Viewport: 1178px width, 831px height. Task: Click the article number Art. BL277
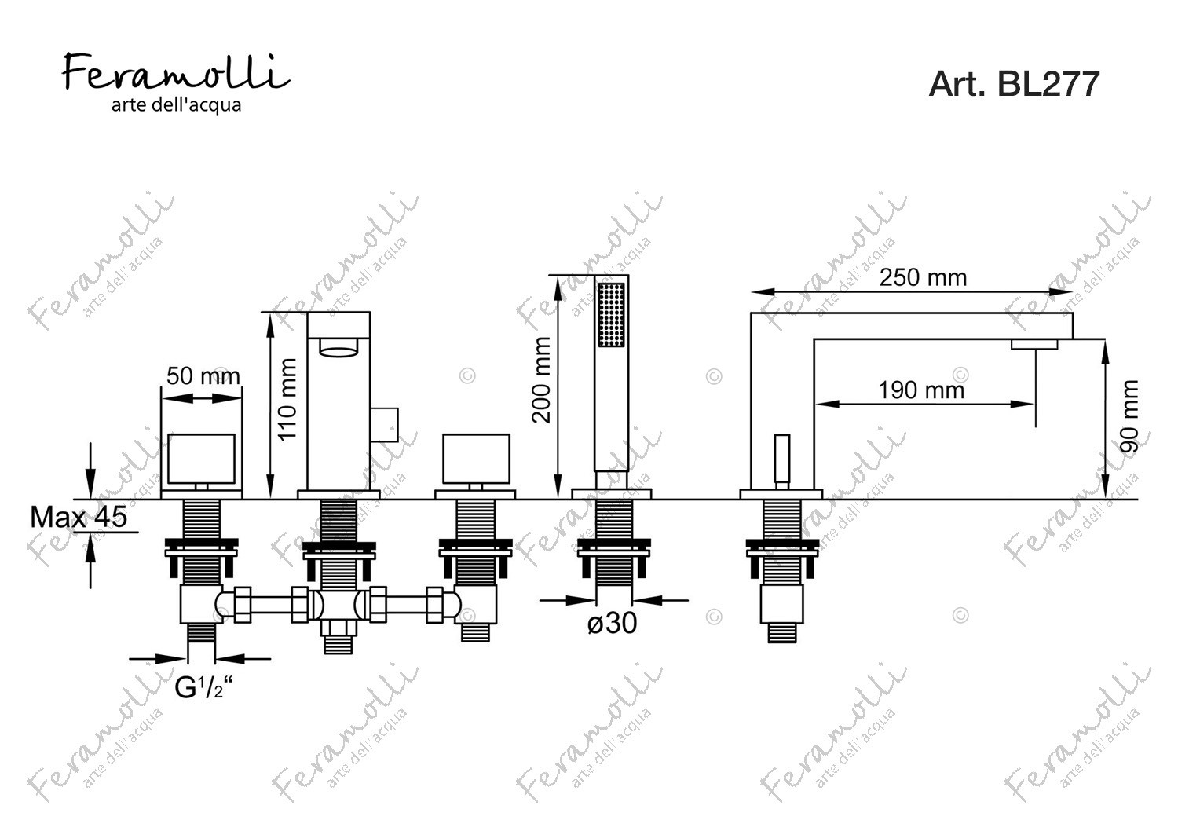point(1014,83)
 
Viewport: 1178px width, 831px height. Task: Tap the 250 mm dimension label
point(923,278)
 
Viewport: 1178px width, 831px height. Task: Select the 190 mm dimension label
point(921,390)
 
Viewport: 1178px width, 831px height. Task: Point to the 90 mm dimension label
point(1129,416)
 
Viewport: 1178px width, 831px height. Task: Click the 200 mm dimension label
point(541,380)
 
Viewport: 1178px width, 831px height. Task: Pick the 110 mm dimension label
point(287,400)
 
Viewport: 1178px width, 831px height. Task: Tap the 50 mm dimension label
point(203,376)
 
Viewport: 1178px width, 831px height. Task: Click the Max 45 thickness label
point(79,517)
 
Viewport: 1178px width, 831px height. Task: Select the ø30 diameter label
point(612,624)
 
